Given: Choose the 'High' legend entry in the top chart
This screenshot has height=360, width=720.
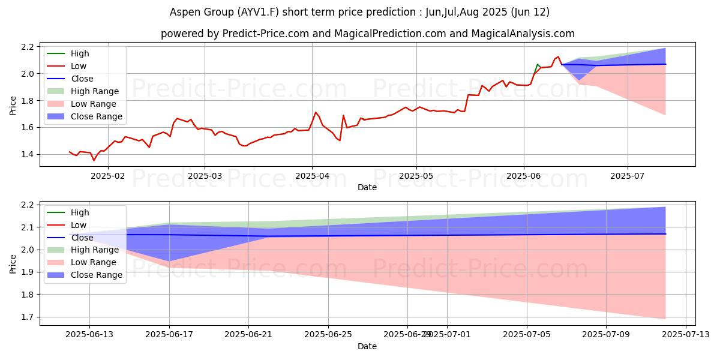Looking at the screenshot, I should click(x=80, y=53).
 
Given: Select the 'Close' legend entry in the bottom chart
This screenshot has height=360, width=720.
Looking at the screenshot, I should click(x=82, y=238).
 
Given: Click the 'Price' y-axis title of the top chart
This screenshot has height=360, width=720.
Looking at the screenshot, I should click(x=13, y=105).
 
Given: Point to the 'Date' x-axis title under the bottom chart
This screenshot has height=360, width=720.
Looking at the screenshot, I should click(x=367, y=346).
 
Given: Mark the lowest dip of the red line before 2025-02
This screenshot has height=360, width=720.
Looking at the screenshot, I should click(x=94, y=160).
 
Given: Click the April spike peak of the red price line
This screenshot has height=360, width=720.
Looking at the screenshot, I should click(x=316, y=112).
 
